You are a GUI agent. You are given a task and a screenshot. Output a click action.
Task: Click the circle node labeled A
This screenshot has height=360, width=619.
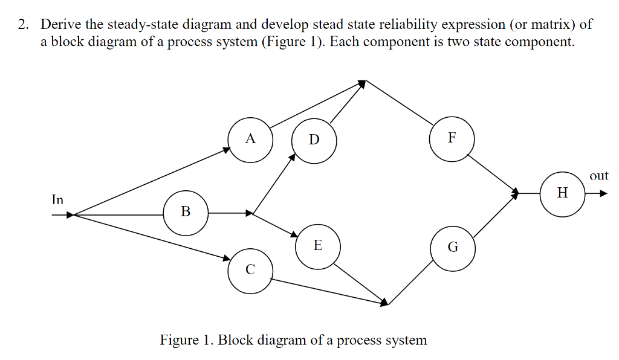(251, 140)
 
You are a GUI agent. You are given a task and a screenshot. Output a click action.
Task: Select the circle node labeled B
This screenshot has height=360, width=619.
(186, 212)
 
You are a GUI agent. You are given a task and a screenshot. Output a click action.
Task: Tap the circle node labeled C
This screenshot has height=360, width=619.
(250, 271)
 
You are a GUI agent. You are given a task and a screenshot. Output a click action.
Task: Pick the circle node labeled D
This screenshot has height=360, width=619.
(314, 140)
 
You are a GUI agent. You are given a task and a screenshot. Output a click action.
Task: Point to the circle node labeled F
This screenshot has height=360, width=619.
(452, 138)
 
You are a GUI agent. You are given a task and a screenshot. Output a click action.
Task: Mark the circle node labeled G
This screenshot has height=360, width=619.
(453, 247)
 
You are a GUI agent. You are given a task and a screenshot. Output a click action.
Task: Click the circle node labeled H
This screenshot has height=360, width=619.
(563, 193)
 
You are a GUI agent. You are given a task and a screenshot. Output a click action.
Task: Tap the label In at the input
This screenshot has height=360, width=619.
(57, 199)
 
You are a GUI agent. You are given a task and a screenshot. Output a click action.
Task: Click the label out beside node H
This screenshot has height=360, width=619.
(598, 176)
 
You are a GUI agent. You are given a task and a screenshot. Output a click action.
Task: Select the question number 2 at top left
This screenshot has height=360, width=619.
(22, 25)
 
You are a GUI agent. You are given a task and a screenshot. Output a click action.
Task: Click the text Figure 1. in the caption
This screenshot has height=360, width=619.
(186, 340)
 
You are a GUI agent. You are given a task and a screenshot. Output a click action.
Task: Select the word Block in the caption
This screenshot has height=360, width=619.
(236, 340)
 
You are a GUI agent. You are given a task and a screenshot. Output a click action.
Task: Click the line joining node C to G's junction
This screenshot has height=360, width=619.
(326, 292)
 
